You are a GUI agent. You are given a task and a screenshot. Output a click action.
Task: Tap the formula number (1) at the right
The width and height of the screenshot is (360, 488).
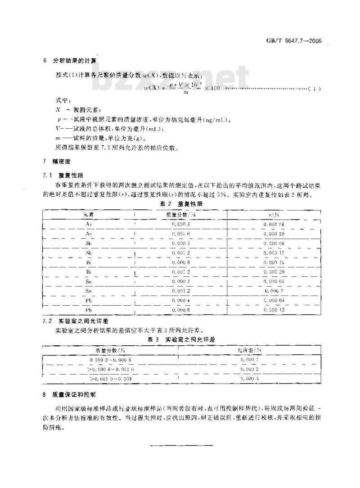[314, 88]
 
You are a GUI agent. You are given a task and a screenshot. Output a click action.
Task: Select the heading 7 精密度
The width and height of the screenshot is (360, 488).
[57, 161]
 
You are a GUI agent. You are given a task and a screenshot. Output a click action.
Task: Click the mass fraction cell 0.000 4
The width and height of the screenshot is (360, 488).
[181, 301]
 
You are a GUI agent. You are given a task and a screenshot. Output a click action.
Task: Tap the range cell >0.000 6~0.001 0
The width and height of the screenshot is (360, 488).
[110, 369]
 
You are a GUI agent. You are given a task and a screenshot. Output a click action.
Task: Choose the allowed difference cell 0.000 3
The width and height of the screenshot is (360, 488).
[250, 379]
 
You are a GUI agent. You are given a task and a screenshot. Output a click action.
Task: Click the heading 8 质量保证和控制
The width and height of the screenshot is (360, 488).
[69, 395]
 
